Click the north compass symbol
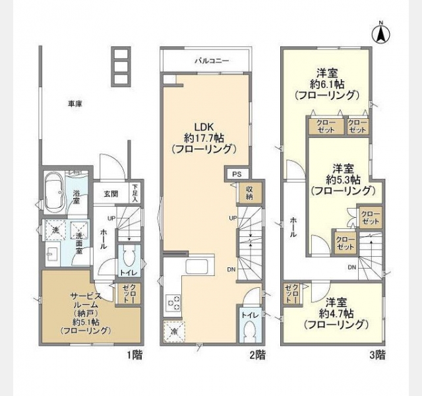[381, 33]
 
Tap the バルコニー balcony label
[212, 61]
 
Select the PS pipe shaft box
[237, 174]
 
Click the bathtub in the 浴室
[55, 193]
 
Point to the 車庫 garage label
[75, 104]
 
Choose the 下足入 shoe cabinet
[135, 193]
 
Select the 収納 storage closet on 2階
[249, 193]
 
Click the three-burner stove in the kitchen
[173, 302]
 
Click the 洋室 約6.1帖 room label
[327, 79]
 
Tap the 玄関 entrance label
[111, 193]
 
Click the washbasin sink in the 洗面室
[52, 253]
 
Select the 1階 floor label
[135, 355]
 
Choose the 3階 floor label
[377, 355]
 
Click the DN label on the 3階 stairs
[352, 267]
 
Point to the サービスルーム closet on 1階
[128, 293]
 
